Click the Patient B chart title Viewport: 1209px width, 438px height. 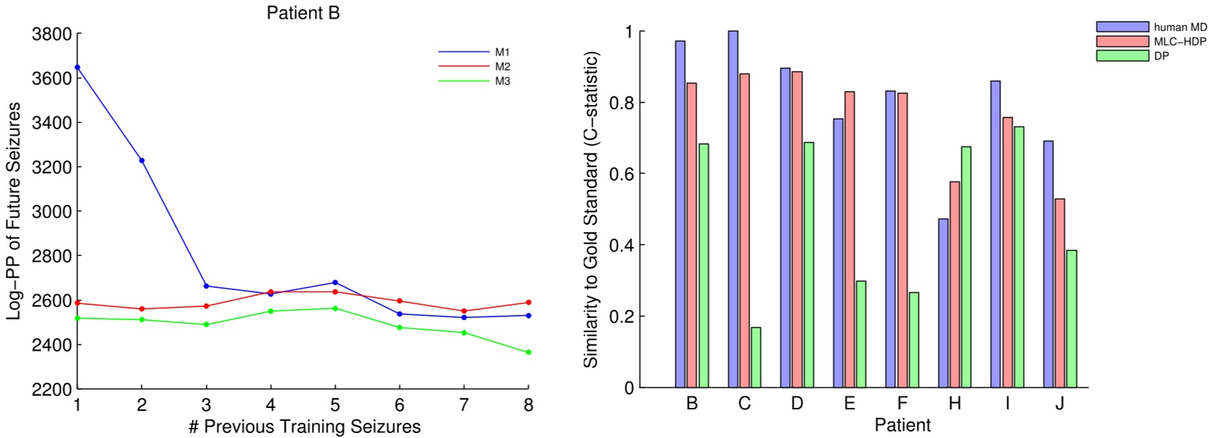click(303, 13)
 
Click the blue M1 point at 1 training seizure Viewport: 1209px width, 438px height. click(77, 67)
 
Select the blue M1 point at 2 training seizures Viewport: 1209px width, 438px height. click(142, 161)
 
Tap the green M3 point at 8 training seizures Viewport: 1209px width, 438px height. click(528, 352)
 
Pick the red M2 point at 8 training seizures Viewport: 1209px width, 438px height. click(528, 302)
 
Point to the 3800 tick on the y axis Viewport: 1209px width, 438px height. click(51, 34)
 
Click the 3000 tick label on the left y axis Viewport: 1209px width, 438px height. click(51, 211)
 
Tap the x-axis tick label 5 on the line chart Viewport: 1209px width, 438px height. click(335, 405)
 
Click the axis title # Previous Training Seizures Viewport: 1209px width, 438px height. click(305, 427)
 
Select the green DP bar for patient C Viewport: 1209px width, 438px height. click(756, 357)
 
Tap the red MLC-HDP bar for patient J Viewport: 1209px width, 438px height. click(1060, 293)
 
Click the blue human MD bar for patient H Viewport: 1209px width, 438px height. click(943, 303)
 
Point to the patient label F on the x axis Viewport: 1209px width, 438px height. click(902, 404)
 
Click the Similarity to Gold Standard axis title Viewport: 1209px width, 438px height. click(591, 209)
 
